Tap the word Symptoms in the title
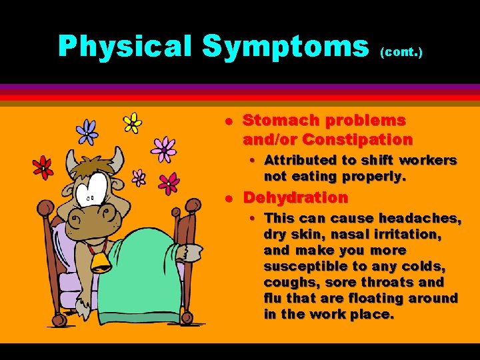[x=285, y=47]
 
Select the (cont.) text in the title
[x=401, y=51]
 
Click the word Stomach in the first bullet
[x=276, y=121]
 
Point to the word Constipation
[x=357, y=140]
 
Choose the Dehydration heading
[x=295, y=198]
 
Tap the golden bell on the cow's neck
[x=101, y=262]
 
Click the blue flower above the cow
[x=87, y=131]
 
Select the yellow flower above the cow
[x=133, y=123]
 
